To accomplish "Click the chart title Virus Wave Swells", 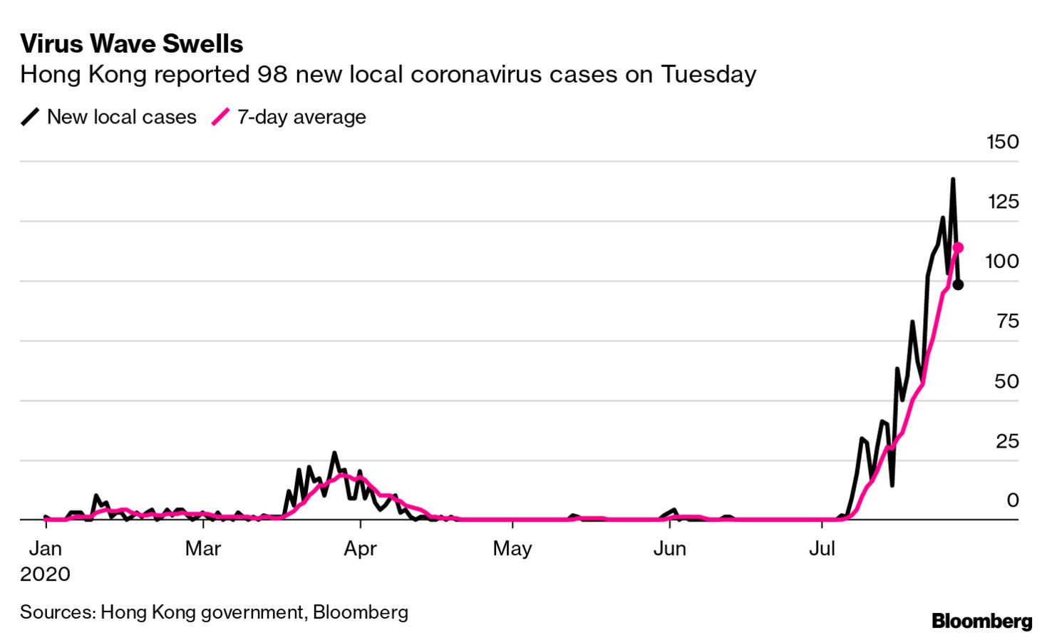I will [132, 44].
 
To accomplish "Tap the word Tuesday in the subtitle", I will [708, 74].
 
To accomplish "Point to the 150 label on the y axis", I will [1002, 142].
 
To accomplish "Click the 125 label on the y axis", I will [1003, 202].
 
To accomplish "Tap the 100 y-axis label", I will [1001, 262].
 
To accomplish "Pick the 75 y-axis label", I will [1008, 321].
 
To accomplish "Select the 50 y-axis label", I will [1006, 381].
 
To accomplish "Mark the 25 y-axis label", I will [1007, 441].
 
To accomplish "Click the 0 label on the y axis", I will [1012, 500].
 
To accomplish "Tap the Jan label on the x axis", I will [45, 549].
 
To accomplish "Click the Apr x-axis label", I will [360, 549].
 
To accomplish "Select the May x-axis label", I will [512, 549].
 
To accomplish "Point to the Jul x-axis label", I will [822, 549].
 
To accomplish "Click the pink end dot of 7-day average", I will [958, 247].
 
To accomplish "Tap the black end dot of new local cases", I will [958, 285].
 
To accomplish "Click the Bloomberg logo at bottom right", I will [981, 621].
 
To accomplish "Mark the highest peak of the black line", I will [953, 180].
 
